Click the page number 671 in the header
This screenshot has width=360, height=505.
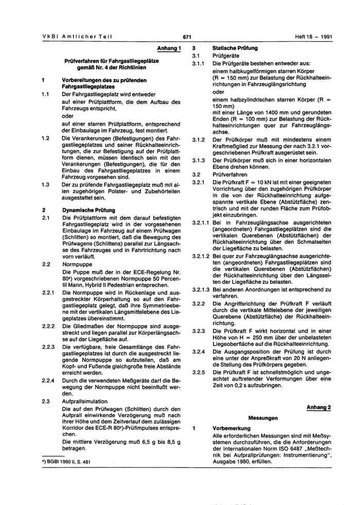(x=187, y=37)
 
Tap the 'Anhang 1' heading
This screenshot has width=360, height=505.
(x=170, y=48)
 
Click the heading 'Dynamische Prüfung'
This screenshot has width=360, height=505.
(x=88, y=210)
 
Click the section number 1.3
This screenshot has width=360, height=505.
(x=45, y=184)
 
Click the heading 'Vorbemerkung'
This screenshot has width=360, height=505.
(x=231, y=428)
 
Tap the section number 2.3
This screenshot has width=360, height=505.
(x=45, y=401)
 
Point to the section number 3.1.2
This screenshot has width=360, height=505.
(x=198, y=139)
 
